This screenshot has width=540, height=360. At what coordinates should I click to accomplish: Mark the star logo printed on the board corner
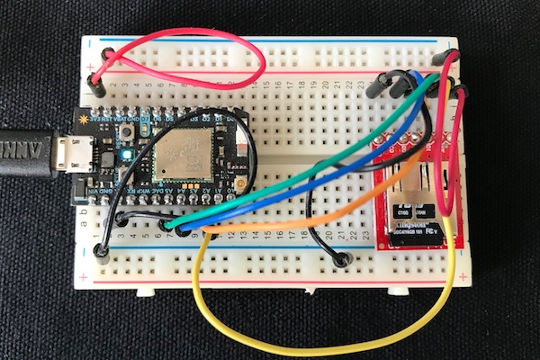(x=85, y=119)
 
